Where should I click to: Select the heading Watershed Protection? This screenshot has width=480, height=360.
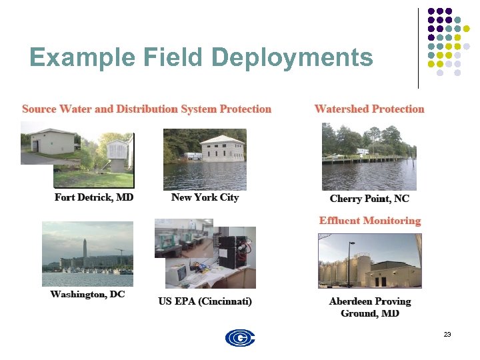[x=369, y=109]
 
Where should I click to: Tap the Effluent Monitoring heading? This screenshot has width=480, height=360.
[x=370, y=221]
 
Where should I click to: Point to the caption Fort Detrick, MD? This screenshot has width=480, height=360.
[x=94, y=197]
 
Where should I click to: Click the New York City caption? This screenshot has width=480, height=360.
[x=205, y=197]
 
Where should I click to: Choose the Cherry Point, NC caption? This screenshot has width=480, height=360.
[x=369, y=199]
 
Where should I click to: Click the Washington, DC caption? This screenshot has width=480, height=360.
[x=87, y=294]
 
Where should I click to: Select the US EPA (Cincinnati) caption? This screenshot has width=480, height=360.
[x=205, y=301]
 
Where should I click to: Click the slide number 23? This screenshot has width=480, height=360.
[x=447, y=333]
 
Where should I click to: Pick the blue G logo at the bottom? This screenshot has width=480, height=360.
[x=240, y=339]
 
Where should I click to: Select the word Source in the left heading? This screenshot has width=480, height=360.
[x=39, y=109]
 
